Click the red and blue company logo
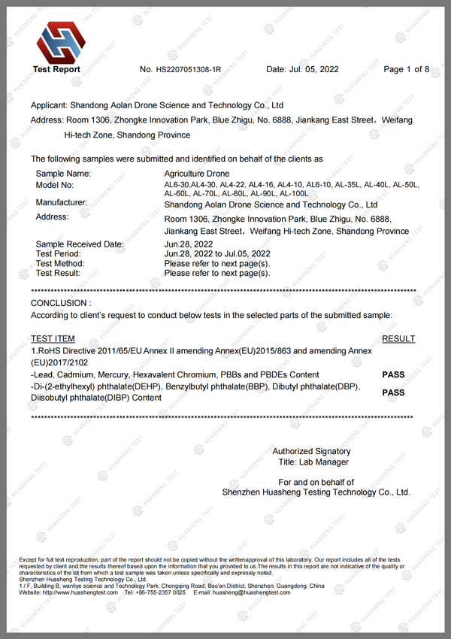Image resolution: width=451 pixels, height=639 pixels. tap(56, 42)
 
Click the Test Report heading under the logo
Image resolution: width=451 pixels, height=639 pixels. tap(56, 69)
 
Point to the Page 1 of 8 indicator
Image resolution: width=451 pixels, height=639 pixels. tap(406, 70)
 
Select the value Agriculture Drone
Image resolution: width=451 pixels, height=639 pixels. tap(196, 174)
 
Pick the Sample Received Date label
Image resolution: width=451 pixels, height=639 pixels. tap(80, 244)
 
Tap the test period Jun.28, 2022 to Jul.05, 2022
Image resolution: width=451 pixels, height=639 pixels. tap(216, 254)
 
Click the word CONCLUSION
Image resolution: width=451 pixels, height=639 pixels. tap(59, 302)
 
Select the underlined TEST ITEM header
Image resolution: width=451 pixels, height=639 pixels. tap(53, 339)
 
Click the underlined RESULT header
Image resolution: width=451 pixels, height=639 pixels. tap(398, 339)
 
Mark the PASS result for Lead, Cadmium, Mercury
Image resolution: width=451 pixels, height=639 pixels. tap(393, 374)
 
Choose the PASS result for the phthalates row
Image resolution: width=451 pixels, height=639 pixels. tap(393, 392)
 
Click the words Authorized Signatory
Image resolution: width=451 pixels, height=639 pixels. tap(311, 451)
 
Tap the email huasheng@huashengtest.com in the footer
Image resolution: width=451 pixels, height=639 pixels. tap(252, 593)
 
